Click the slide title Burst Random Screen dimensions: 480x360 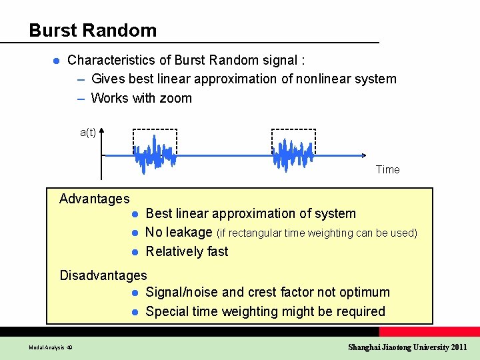pos(93,31)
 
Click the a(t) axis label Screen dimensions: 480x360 pos(88,132)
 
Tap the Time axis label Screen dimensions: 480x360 pos(387,169)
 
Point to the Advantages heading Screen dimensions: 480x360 pos(94,199)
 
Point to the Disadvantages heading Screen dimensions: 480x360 pos(103,275)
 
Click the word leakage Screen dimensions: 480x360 pos(189,233)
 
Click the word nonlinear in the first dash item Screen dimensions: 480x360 pos(323,79)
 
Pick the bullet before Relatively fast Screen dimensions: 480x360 pos(134,252)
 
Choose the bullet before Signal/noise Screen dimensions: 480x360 pos(134,293)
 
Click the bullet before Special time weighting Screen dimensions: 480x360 pos(134,312)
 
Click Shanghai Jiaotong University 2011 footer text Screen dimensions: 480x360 pos(407,347)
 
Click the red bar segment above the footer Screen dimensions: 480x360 pos(429,331)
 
